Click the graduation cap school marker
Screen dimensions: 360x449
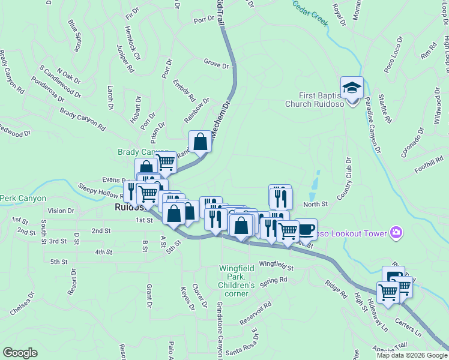tap(352, 88)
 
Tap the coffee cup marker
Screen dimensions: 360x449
tap(306, 229)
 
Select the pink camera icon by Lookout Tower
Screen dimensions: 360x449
tap(395, 232)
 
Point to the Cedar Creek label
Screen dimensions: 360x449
tap(310, 13)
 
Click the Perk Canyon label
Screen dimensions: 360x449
tap(23, 197)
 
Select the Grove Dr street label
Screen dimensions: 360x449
tap(216, 63)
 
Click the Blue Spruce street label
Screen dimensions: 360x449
tap(75, 35)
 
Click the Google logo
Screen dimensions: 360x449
tap(20, 353)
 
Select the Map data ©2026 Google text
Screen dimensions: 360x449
tap(411, 355)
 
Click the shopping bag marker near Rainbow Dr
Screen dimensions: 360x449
tap(200, 142)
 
